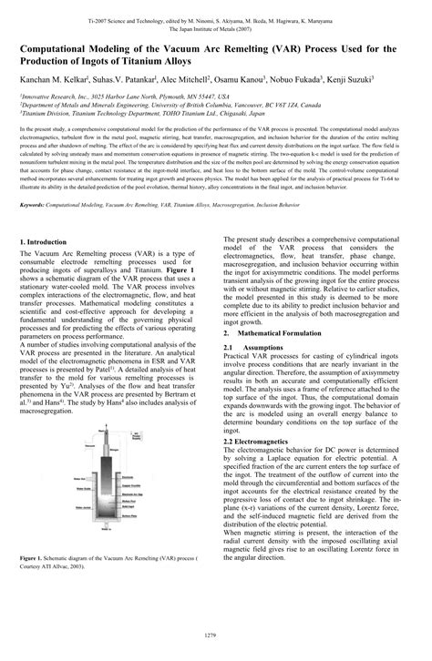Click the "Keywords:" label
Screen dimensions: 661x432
point(37,206)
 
